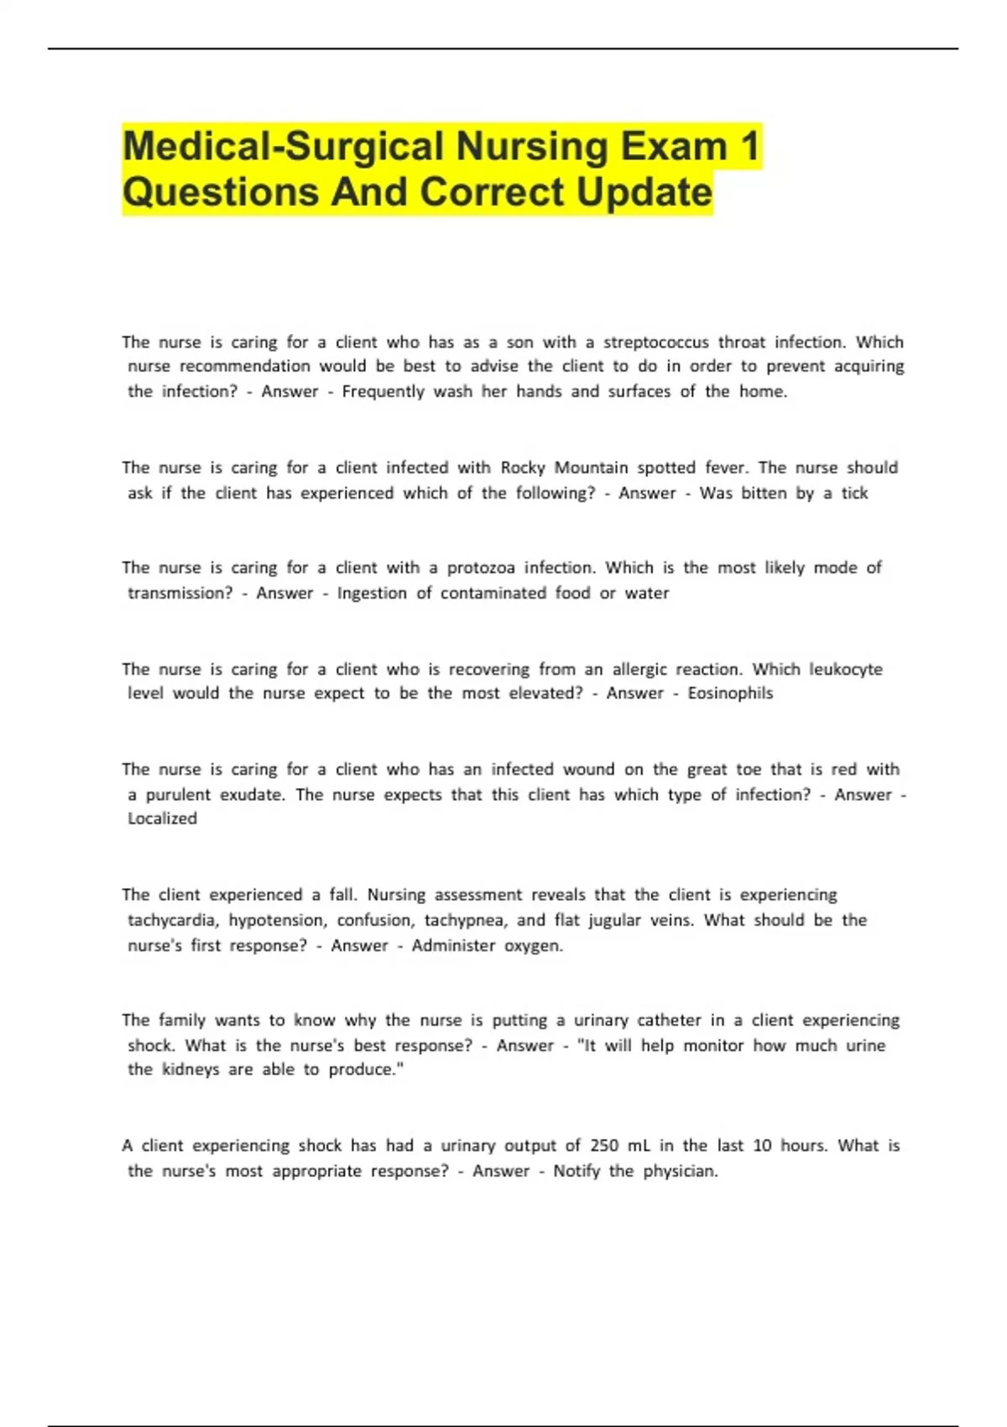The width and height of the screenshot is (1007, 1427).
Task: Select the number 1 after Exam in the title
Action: point(749,147)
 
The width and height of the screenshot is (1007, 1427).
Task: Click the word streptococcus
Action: point(655,342)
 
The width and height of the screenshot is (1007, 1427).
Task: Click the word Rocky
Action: point(523,468)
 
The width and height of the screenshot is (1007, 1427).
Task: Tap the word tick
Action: point(854,494)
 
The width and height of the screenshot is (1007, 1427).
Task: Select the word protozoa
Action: point(481,568)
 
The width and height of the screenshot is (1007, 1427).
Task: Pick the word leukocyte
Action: point(845,670)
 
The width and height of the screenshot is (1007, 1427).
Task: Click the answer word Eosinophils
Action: point(730,693)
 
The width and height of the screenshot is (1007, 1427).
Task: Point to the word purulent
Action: point(178,795)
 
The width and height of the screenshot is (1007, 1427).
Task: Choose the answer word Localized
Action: point(162,818)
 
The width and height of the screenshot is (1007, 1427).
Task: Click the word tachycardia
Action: point(173,921)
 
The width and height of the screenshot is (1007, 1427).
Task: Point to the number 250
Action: point(604,1146)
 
